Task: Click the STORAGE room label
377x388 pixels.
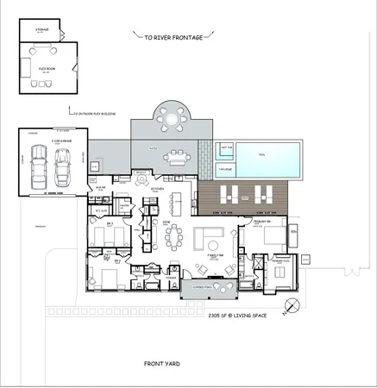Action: [x=41, y=29]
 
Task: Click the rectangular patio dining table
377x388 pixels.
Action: [x=178, y=158]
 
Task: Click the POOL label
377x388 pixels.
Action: [x=263, y=158]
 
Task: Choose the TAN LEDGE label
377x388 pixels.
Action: [x=225, y=169]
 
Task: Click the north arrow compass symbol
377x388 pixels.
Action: [x=295, y=304]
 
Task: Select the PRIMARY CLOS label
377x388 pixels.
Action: [x=281, y=260]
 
